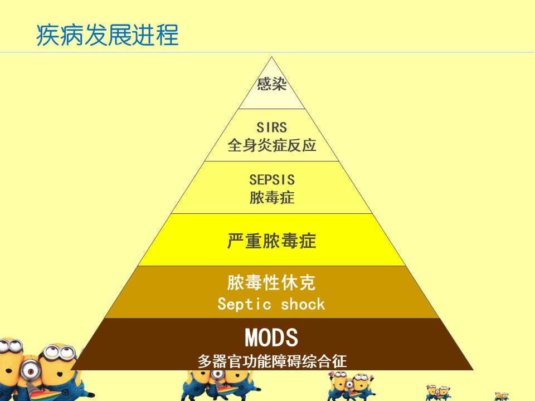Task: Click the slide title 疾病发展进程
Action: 108,35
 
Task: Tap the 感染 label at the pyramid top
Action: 271,84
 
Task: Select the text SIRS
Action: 271,128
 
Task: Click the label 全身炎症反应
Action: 271,145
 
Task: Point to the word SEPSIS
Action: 271,180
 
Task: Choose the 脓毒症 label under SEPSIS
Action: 271,198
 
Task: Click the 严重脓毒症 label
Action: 271,241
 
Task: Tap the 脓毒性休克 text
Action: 271,283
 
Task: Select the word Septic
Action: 244,304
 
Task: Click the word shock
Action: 303,304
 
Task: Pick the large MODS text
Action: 271,338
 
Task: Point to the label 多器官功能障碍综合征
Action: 272,361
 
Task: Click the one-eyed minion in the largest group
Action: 30,370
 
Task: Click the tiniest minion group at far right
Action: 502,397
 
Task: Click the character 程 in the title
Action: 167,35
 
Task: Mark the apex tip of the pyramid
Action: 271,57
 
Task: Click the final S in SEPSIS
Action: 290,180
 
